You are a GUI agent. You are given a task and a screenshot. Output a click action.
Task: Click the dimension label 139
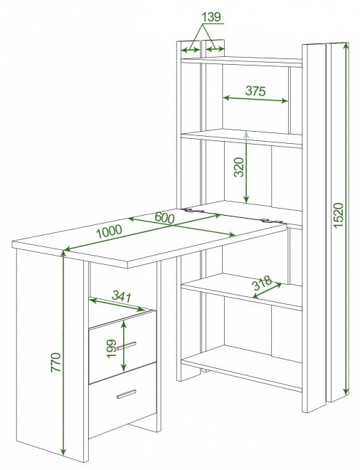pyautogui.click(x=211, y=17)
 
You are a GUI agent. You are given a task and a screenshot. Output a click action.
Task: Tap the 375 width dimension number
pyautogui.click(x=255, y=90)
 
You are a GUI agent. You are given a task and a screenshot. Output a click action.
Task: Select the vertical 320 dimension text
pyautogui.click(x=240, y=167)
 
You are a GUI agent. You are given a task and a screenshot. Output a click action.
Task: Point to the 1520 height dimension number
pyautogui.click(x=339, y=215)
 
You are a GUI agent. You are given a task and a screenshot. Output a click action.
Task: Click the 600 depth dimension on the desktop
pyautogui.click(x=164, y=218)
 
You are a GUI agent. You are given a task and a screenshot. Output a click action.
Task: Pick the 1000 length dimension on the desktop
pyautogui.click(x=109, y=231)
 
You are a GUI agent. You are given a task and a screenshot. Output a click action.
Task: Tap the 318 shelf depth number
pyautogui.click(x=263, y=283)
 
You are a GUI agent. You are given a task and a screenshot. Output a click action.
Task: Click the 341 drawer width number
pyautogui.click(x=122, y=297)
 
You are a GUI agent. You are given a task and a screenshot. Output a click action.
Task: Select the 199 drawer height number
pyautogui.click(x=112, y=348)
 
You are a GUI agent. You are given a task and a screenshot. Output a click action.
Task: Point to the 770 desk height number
pyautogui.click(x=56, y=362)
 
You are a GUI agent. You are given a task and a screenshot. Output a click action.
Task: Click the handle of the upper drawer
pyautogui.click(x=127, y=345)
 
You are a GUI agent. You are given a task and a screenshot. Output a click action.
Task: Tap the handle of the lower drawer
pyautogui.click(x=127, y=395)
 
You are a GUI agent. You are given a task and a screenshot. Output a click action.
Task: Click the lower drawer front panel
pyautogui.click(x=122, y=400)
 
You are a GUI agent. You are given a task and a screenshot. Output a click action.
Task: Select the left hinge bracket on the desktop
pyautogui.click(x=194, y=211)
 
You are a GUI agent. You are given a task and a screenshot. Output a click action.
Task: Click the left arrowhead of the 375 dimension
pyautogui.click(x=226, y=98)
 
